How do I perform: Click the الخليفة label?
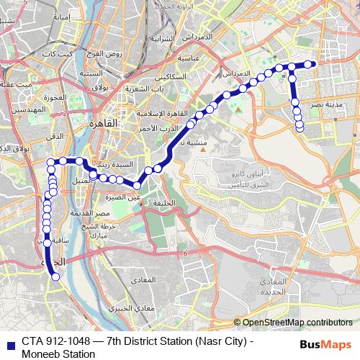(x=163, y=204)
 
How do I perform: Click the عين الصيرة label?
(x=124, y=196)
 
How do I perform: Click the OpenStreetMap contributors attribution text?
(x=296, y=323)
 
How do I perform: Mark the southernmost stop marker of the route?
(x=55, y=276)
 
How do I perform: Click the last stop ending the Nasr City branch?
(x=300, y=130)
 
